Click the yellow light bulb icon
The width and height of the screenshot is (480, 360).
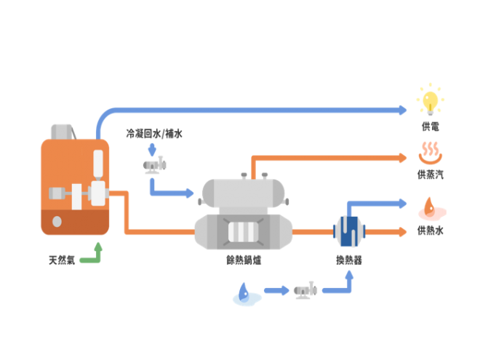(430, 100)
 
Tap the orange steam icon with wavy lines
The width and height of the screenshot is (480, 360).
(430, 153)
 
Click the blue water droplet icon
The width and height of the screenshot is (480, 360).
(245, 292)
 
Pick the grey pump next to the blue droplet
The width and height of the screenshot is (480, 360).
(305, 290)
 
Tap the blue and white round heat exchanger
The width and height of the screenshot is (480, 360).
(349, 231)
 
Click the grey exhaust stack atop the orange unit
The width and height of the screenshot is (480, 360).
(63, 131)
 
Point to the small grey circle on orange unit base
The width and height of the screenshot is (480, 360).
(57, 222)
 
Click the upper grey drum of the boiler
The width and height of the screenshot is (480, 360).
(243, 193)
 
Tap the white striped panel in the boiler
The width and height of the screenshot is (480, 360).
(243, 232)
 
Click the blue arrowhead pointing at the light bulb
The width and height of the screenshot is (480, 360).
(402, 110)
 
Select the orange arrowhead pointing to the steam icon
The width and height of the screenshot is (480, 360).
(402, 157)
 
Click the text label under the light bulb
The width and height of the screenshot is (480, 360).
(430, 127)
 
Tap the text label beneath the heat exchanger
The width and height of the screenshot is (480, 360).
(349, 260)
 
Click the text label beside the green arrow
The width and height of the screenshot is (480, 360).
(62, 260)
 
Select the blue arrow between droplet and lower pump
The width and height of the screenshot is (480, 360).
(276, 291)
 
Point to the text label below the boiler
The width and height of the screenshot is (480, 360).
(243, 260)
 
